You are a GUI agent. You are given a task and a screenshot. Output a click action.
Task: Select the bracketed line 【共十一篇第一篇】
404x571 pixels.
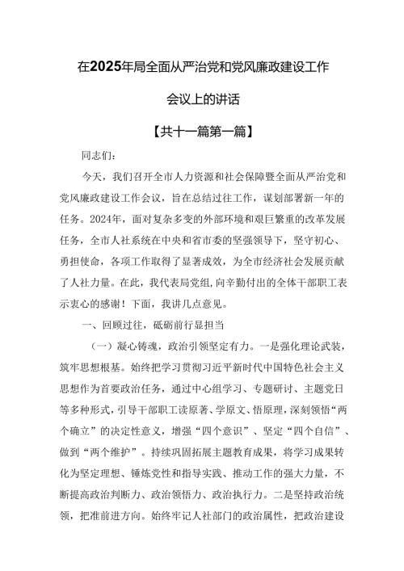[201, 129]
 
